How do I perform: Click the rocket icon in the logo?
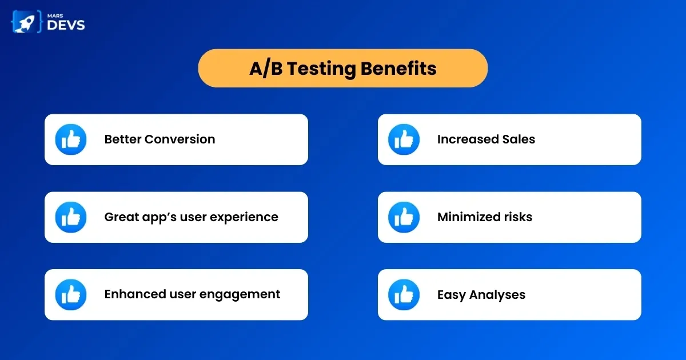click(x=26, y=22)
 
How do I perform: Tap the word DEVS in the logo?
click(x=66, y=25)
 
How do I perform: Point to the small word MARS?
click(x=55, y=15)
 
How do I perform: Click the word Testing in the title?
click(x=321, y=69)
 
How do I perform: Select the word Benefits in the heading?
click(x=398, y=68)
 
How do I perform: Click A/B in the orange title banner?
click(x=266, y=69)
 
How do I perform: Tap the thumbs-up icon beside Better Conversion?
click(x=71, y=139)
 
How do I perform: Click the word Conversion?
click(x=180, y=139)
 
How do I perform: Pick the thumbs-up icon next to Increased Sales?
click(x=404, y=139)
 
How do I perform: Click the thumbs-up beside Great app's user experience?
click(x=71, y=217)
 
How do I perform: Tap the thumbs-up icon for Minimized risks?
click(x=404, y=217)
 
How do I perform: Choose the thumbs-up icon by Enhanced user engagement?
click(x=71, y=294)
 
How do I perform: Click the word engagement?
click(x=240, y=295)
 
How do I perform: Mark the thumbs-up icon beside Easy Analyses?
click(x=404, y=294)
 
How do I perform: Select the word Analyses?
click(x=497, y=295)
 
